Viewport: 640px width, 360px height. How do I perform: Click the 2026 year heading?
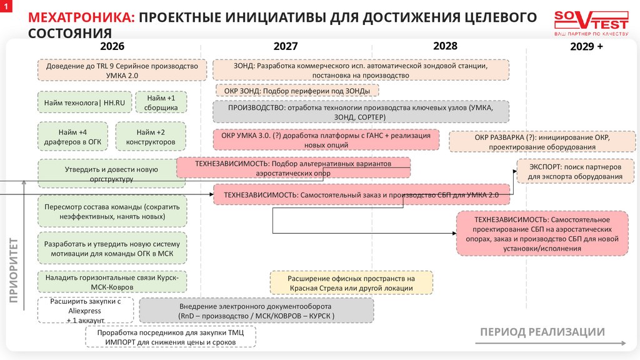coord(112,46)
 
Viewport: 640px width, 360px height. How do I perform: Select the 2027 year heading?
coord(286,46)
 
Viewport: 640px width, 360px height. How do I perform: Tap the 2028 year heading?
coord(445,46)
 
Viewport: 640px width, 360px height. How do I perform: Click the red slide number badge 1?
coord(5,5)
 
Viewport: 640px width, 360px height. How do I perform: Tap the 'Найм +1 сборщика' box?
coord(162,102)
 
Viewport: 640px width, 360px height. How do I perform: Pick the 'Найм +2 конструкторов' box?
coord(152,137)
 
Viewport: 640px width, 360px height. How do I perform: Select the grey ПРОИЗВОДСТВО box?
coord(361,112)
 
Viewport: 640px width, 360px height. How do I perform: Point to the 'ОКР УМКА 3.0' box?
coord(325,139)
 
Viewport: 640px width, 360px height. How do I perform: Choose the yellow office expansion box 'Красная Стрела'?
coord(351,282)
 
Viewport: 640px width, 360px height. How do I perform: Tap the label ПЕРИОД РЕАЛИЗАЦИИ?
coord(542,331)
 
